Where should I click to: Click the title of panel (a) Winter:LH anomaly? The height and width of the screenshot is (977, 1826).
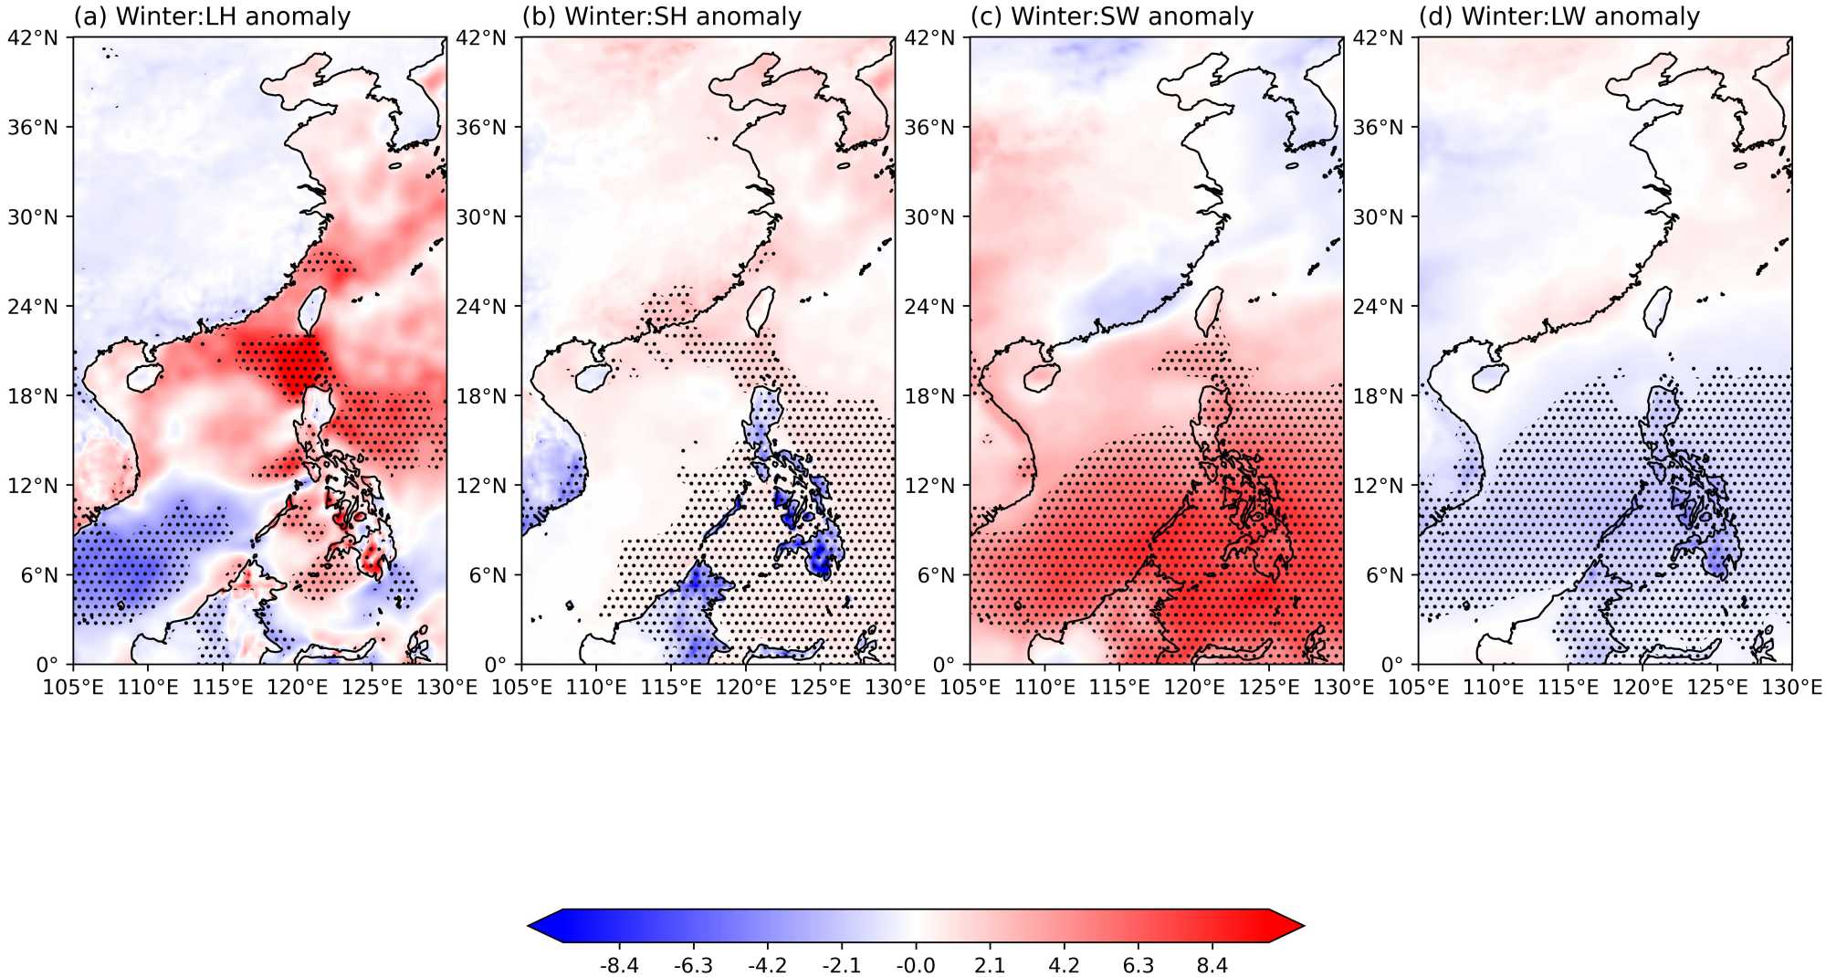212,16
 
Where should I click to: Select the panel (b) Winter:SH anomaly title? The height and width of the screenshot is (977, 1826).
661,16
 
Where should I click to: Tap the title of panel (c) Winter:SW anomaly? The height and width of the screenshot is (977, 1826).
1111,16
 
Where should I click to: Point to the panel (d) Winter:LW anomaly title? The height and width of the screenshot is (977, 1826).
1558,16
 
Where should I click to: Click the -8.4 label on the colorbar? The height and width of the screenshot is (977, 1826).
619,965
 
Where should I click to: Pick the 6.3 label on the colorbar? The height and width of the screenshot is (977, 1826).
1138,965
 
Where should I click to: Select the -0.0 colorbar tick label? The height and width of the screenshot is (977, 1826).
915,965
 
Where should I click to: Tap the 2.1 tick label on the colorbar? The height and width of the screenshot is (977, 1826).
990,965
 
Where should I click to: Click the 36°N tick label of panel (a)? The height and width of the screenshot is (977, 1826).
33,127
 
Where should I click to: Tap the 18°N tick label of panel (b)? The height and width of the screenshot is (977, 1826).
481,395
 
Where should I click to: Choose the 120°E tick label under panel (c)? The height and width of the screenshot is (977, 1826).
1193,687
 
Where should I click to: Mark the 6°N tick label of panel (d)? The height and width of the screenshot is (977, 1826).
1385,575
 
